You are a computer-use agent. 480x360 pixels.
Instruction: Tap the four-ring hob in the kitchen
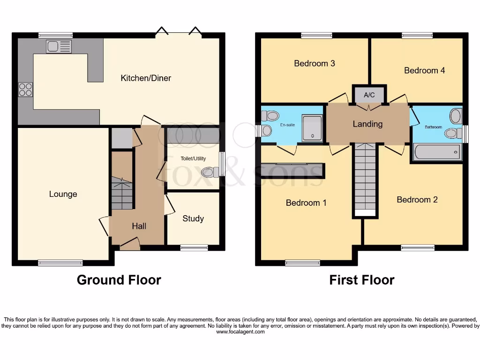tap(25, 89)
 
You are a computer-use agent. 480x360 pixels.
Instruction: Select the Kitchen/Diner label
tap(146, 78)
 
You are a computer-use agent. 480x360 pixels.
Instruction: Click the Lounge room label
tap(63, 194)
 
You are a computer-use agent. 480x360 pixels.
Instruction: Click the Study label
tap(193, 218)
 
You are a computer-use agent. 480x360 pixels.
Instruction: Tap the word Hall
tap(139, 226)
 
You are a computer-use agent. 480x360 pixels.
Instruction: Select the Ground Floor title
tap(119, 280)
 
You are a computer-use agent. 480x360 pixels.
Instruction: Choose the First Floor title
tap(361, 280)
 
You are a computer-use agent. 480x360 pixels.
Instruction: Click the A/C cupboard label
tap(369, 95)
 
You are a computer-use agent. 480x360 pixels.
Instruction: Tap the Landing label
tap(367, 124)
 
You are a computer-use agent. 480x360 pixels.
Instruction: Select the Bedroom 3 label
tap(314, 63)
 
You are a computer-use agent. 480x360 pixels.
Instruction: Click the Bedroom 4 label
tap(424, 70)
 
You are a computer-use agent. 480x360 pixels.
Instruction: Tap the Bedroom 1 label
tap(306, 202)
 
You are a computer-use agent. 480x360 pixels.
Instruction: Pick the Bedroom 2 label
tap(417, 200)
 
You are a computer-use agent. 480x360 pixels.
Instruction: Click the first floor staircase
tap(366, 180)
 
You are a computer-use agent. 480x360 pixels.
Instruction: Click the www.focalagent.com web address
tap(240, 332)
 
